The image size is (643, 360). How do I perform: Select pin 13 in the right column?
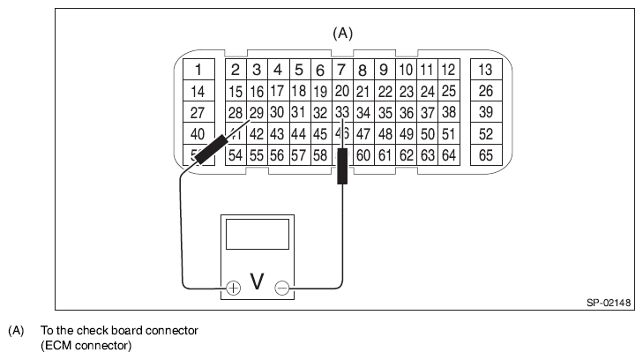coord(485,70)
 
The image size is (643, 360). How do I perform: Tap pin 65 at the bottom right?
coord(485,155)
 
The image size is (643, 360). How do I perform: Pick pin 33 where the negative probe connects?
coord(342,113)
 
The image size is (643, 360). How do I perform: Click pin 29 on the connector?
coord(256,113)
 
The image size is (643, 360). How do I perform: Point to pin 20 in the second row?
coord(342,91)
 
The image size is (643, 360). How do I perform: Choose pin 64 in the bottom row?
coord(449,155)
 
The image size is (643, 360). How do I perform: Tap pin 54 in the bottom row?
coord(236,155)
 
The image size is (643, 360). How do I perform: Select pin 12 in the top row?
coord(448,70)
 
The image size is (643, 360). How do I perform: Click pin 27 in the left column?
coord(198,113)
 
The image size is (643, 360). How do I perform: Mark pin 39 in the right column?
coord(485,113)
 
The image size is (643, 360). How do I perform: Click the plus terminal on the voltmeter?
coord(233,288)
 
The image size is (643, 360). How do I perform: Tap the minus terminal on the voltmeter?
coord(282,288)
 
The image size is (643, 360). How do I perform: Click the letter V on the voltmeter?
coord(258,281)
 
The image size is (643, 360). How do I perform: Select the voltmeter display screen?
coord(258,234)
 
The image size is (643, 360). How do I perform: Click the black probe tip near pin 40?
coord(210,151)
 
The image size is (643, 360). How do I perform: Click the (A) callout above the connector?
coord(342,34)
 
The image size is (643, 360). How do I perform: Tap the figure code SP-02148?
coord(609,303)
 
